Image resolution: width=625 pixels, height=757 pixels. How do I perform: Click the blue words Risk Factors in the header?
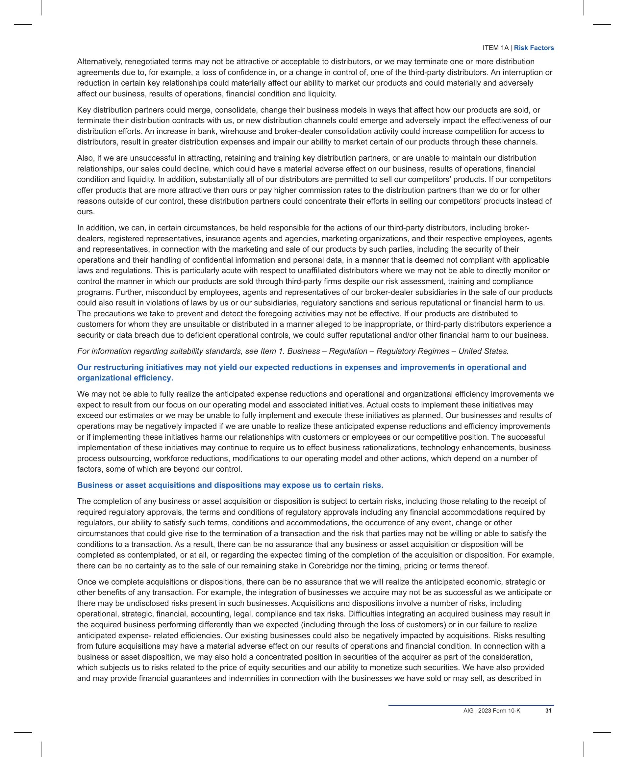click(x=534, y=48)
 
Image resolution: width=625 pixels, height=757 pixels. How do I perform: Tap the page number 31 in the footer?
click(x=548, y=711)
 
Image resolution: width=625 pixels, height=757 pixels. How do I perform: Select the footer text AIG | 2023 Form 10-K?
click(x=491, y=711)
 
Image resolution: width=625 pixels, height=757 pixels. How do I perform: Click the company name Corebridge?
click(x=329, y=566)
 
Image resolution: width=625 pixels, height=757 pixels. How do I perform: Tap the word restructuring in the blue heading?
click(x=117, y=367)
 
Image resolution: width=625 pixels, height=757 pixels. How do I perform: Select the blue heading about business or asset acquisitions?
click(x=230, y=485)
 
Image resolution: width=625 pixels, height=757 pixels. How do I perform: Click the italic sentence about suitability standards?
click(x=293, y=351)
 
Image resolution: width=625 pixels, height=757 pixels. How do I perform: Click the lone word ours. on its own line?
click(x=86, y=212)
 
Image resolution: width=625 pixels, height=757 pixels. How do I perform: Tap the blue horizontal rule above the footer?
click(x=471, y=705)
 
